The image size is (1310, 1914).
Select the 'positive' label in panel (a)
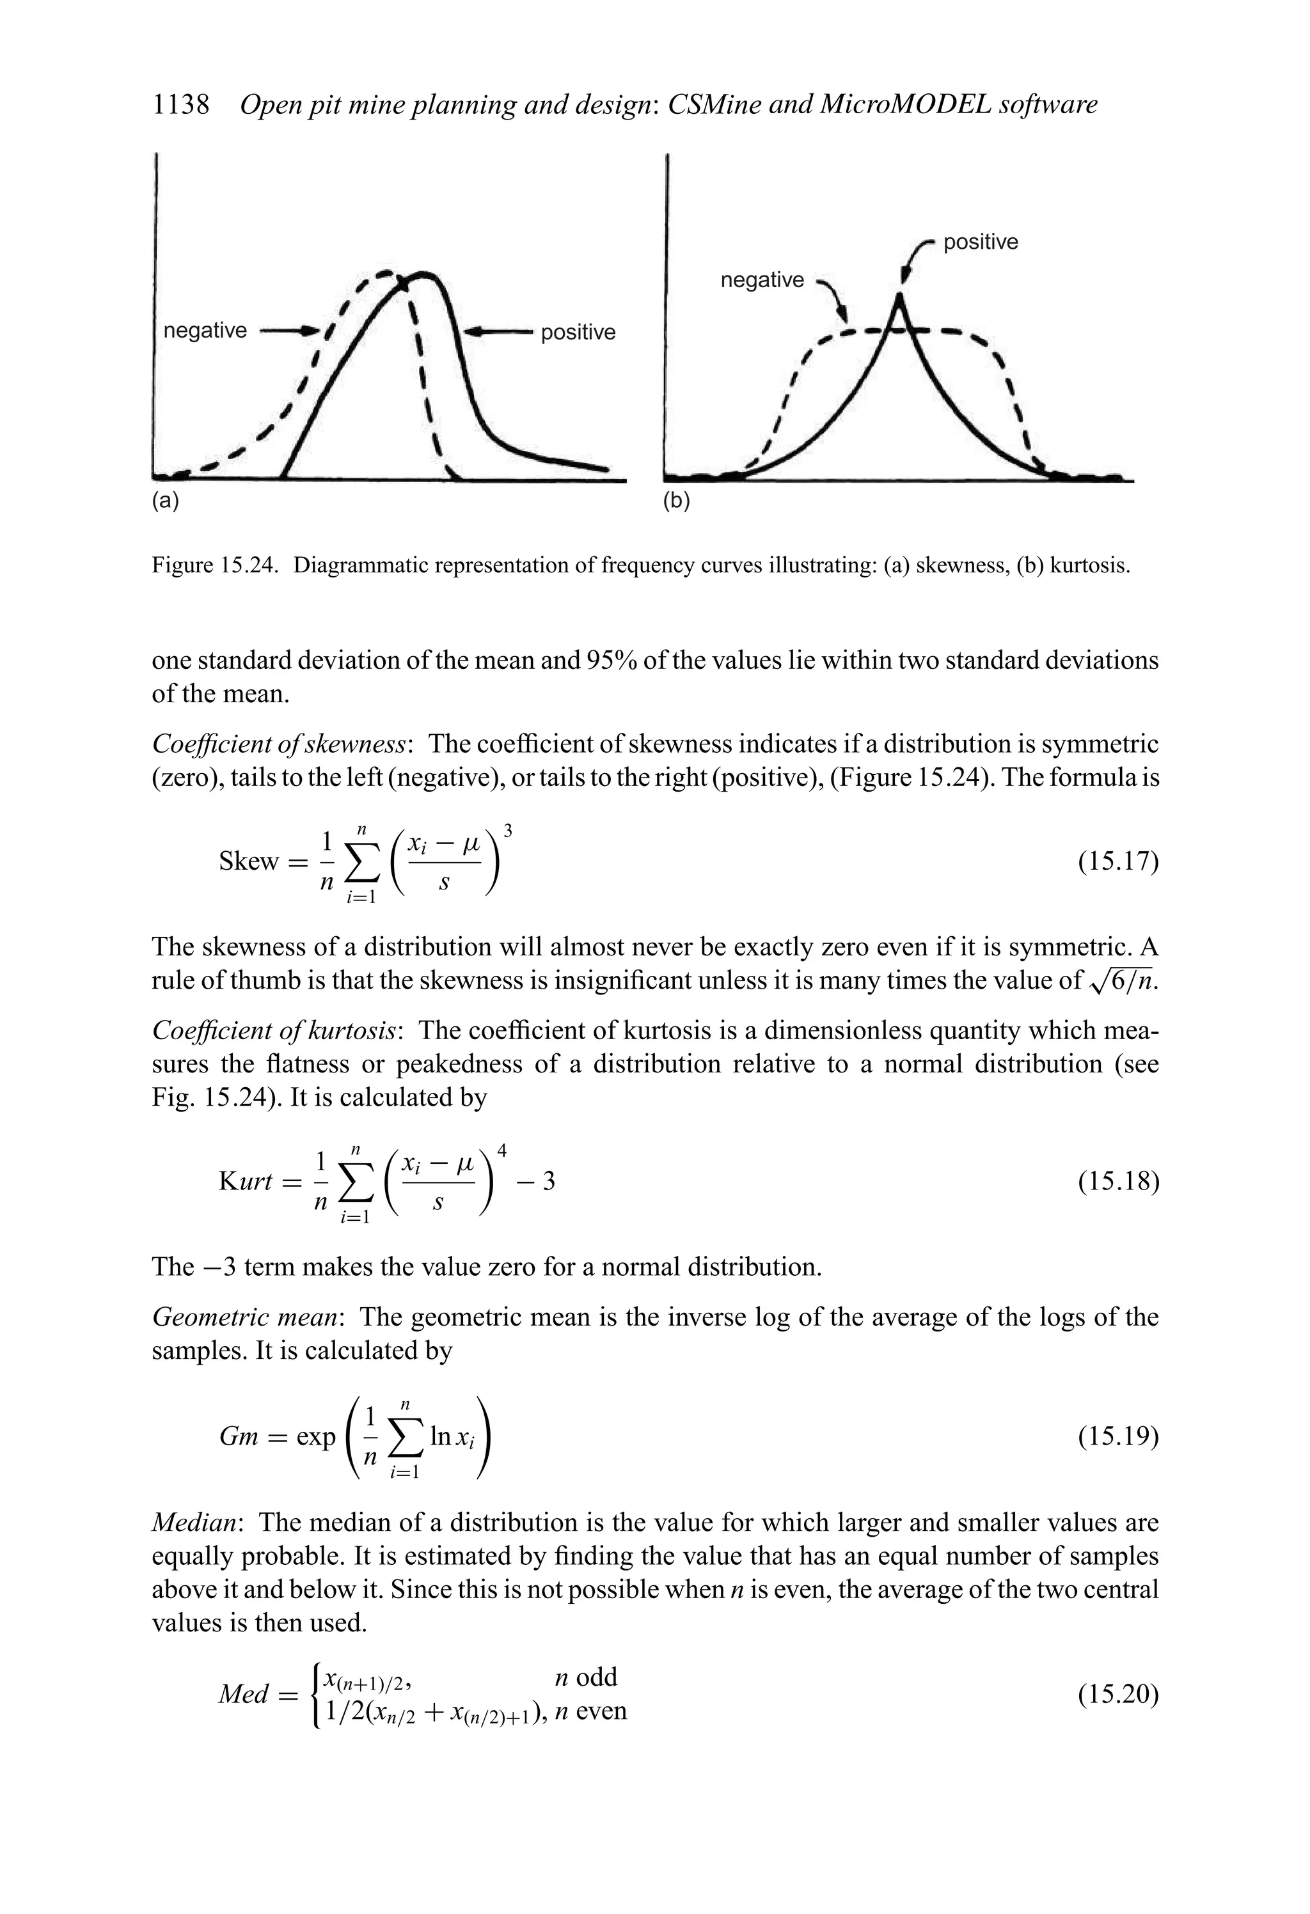tap(578, 332)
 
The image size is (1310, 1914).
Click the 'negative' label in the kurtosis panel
tap(762, 280)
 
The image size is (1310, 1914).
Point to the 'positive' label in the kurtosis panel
tap(981, 242)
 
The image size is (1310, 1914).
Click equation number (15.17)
tap(1118, 861)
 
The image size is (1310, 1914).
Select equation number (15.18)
tap(1118, 1182)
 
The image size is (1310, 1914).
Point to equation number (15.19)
tap(1118, 1437)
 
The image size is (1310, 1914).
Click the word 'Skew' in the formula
tap(249, 861)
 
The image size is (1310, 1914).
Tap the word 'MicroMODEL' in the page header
tap(893, 105)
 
